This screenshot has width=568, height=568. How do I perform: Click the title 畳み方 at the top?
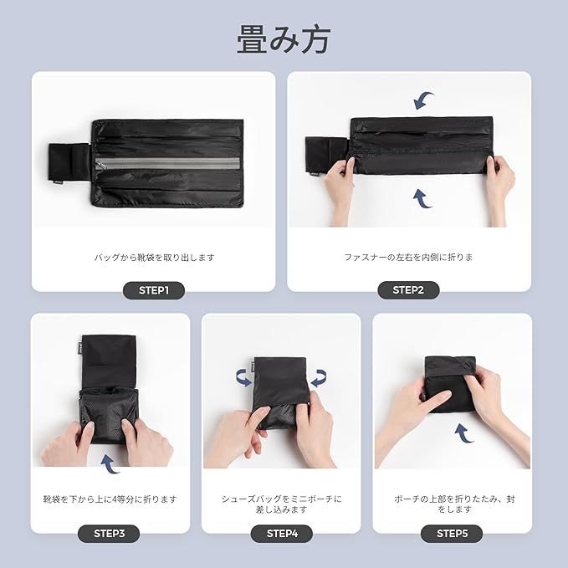pyautogui.click(x=284, y=39)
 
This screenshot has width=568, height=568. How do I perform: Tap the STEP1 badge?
pyautogui.click(x=154, y=290)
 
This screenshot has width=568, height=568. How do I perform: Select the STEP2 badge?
pyautogui.click(x=408, y=290)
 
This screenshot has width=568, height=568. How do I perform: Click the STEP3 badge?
pyautogui.click(x=109, y=534)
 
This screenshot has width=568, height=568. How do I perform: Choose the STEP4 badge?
pyautogui.click(x=282, y=534)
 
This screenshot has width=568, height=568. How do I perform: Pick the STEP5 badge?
pyautogui.click(x=452, y=534)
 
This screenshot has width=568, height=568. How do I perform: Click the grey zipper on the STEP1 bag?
pyautogui.click(x=167, y=163)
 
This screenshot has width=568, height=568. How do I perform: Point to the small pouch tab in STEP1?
pyautogui.click(x=69, y=162)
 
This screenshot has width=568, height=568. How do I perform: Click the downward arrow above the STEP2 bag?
pyautogui.click(x=423, y=100)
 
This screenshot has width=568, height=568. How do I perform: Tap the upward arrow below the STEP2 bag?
pyautogui.click(x=422, y=198)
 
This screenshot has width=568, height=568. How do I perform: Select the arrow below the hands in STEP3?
pyautogui.click(x=110, y=464)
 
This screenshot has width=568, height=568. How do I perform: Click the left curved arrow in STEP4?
pyautogui.click(x=243, y=378)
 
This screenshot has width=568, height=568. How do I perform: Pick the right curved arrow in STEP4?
pyautogui.click(x=319, y=378)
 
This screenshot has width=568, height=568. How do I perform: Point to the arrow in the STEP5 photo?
pyautogui.click(x=464, y=433)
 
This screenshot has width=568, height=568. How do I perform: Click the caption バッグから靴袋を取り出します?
pyautogui.click(x=154, y=258)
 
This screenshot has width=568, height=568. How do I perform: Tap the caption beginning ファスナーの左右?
pyautogui.click(x=408, y=257)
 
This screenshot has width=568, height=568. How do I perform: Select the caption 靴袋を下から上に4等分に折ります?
pyautogui.click(x=110, y=499)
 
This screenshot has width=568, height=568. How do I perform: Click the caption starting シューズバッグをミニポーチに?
pyautogui.click(x=281, y=504)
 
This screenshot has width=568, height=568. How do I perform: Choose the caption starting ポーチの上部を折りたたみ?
pyautogui.click(x=454, y=504)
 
